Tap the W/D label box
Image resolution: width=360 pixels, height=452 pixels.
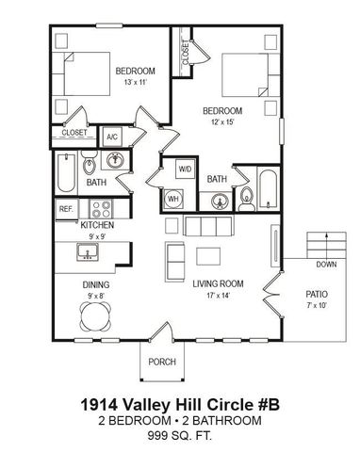185,169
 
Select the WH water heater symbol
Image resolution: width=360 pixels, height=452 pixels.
174,199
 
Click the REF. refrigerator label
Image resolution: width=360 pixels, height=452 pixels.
67,208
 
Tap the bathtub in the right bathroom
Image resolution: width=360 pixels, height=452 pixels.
267,188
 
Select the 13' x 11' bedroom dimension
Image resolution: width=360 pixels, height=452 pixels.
135,83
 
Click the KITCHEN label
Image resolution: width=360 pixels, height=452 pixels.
97,226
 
